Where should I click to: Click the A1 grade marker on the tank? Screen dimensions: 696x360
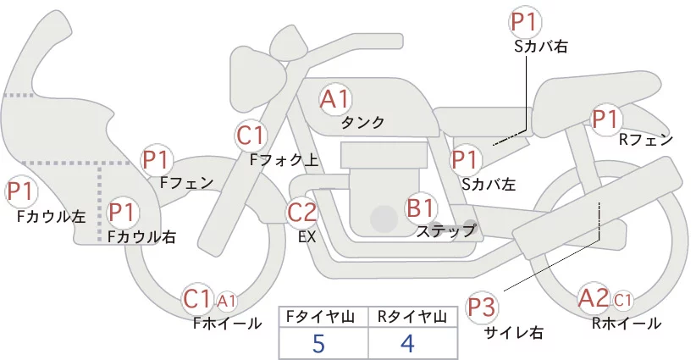click(x=335, y=99)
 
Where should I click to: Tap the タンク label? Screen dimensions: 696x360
click(x=362, y=123)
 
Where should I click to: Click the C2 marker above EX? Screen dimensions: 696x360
click(x=302, y=212)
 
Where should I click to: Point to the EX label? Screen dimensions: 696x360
click(x=307, y=237)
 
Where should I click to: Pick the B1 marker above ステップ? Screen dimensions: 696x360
click(x=421, y=208)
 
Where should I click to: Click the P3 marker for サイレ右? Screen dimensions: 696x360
click(x=482, y=307)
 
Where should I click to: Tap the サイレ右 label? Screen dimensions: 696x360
click(x=514, y=333)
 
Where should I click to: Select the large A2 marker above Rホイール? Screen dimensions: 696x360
click(x=594, y=298)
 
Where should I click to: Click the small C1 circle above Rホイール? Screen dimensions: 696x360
click(x=623, y=301)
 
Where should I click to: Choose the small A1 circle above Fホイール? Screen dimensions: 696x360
click(x=226, y=302)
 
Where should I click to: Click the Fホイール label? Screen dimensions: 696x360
click(x=227, y=324)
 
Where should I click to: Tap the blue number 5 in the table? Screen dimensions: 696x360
click(x=318, y=344)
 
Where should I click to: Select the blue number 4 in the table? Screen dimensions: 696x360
click(x=407, y=344)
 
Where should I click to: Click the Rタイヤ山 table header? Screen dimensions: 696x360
click(x=412, y=317)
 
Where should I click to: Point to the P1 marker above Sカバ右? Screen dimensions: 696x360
click(x=526, y=22)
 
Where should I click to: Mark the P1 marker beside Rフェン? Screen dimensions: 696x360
click(x=606, y=119)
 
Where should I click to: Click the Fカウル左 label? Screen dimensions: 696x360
click(x=52, y=217)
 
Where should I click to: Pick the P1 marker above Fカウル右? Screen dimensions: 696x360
click(x=121, y=212)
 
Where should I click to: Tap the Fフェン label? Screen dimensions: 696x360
click(x=186, y=182)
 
